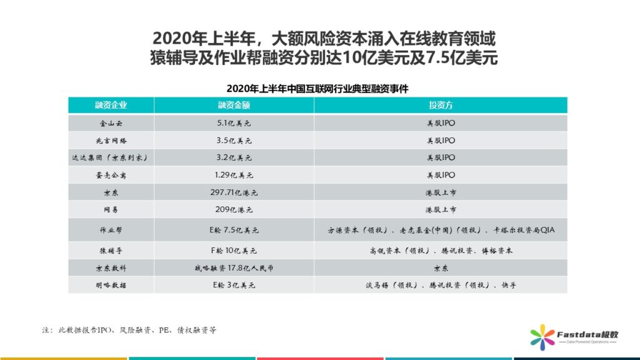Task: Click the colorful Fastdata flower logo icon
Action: (541, 338)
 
